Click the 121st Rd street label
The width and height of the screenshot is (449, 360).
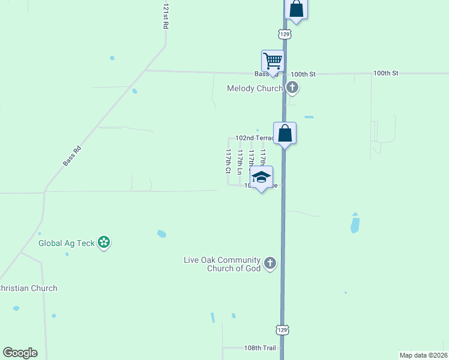(166, 17)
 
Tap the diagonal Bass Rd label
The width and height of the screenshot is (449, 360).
(71, 154)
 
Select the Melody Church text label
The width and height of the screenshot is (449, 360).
(255, 89)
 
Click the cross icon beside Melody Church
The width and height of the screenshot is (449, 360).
(292, 88)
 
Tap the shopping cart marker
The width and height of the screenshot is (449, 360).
(273, 61)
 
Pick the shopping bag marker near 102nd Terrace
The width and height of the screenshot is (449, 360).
(285, 133)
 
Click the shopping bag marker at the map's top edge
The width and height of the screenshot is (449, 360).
(296, 8)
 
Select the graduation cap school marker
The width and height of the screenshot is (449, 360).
(261, 176)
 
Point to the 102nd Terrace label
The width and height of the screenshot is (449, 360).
(254, 138)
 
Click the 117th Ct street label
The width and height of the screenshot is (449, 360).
(228, 161)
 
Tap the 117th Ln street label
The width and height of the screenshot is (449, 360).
(240, 162)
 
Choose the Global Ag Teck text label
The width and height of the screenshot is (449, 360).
(67, 243)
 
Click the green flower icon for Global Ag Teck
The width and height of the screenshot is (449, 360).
(104, 242)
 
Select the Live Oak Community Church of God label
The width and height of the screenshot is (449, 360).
(222, 264)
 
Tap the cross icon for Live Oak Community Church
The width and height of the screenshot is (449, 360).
(270, 263)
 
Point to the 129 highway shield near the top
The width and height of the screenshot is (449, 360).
(285, 35)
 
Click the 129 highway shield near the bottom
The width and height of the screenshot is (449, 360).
(282, 329)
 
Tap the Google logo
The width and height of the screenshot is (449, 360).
(20, 353)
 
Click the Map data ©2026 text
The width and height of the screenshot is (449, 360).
(423, 355)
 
